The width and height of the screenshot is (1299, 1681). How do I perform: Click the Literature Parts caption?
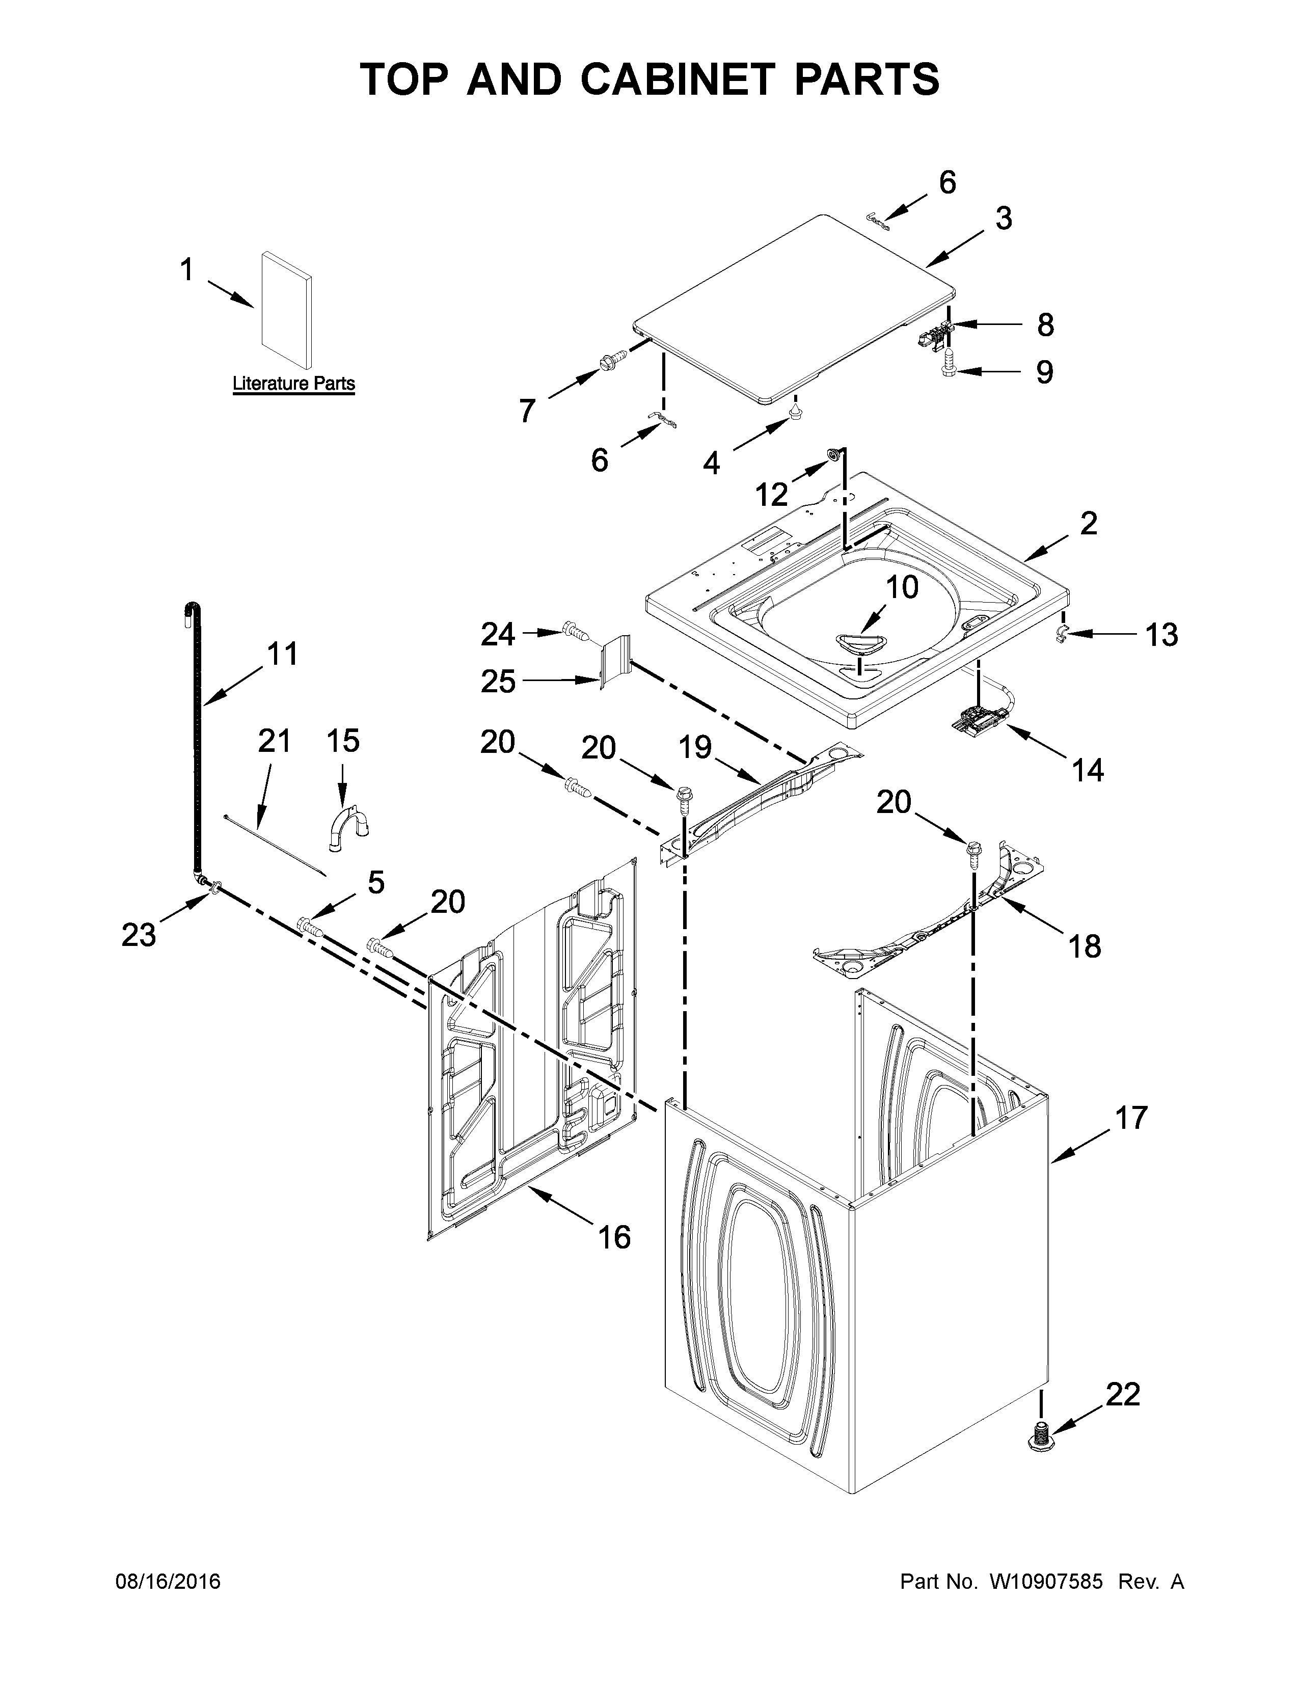293,383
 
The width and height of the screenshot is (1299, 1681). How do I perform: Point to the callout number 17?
1131,1118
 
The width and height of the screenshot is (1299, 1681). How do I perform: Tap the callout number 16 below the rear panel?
614,1237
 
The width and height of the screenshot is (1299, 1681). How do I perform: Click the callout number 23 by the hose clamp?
139,934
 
